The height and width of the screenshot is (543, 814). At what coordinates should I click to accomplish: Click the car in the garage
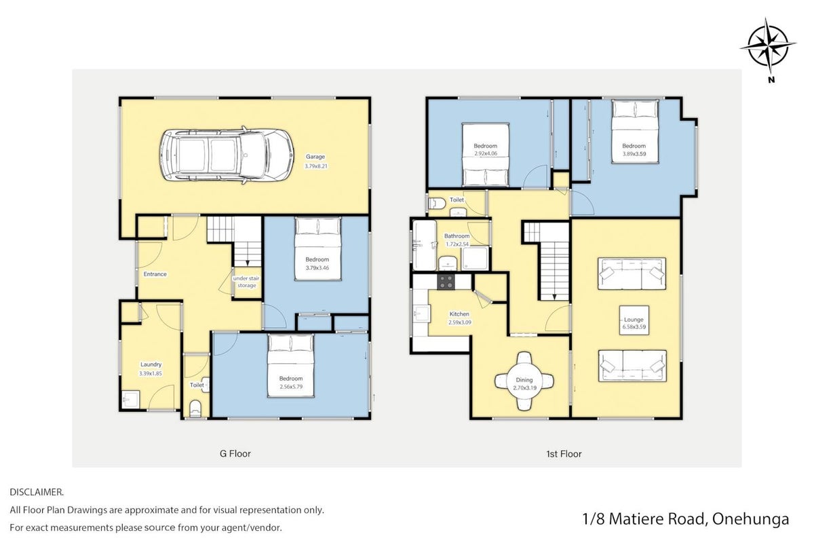(x=227, y=155)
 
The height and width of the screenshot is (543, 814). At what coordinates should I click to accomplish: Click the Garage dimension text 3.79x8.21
(x=316, y=166)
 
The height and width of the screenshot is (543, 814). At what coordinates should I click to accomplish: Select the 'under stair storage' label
(x=246, y=282)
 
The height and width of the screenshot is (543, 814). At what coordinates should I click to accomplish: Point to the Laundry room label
(x=151, y=364)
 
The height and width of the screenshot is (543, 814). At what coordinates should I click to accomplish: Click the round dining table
(x=524, y=381)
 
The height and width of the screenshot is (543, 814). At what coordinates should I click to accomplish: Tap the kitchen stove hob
(x=446, y=282)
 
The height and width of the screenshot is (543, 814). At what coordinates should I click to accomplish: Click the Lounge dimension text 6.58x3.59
(x=634, y=326)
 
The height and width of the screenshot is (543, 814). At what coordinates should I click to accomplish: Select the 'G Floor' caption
(x=235, y=453)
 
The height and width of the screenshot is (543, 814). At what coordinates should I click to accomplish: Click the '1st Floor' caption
(x=564, y=454)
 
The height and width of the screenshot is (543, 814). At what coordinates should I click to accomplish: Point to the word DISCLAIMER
(x=37, y=492)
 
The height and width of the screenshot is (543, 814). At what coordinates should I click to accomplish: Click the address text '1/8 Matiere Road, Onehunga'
(x=686, y=519)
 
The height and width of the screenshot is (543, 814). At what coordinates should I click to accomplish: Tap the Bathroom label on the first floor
(x=457, y=236)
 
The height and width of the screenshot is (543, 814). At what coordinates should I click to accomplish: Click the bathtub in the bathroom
(x=425, y=245)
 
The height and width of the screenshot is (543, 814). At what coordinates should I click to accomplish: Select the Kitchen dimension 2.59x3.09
(x=460, y=322)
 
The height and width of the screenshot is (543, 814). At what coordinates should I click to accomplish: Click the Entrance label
(x=155, y=274)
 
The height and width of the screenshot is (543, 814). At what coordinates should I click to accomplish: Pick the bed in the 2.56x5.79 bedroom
(x=291, y=366)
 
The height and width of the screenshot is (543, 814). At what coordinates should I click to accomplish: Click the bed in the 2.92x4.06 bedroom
(x=486, y=155)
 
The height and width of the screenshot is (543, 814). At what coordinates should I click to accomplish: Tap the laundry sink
(x=130, y=399)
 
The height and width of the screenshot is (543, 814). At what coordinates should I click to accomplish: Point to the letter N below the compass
(x=771, y=80)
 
